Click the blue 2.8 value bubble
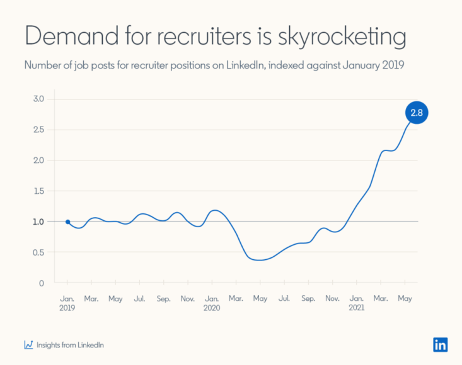pyautogui.click(x=416, y=113)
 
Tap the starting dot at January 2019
pyautogui.click(x=67, y=222)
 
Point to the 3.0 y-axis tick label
pyautogui.click(x=38, y=99)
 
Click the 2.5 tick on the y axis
pyautogui.click(x=38, y=130)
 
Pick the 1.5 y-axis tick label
pyautogui.click(x=38, y=191)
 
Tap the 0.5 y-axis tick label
pyautogui.click(x=38, y=252)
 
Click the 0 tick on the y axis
pyautogui.click(x=42, y=283)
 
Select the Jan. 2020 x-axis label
pyautogui.click(x=212, y=303)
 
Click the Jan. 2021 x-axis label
pyautogui.click(x=357, y=303)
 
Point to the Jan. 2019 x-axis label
pyautogui.click(x=67, y=303)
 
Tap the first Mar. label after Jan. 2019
pyautogui.click(x=91, y=299)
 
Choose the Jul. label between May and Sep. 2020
pyautogui.click(x=284, y=299)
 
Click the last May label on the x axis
pyautogui.click(x=405, y=299)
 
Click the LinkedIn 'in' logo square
pyautogui.click(x=441, y=344)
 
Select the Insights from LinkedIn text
pyautogui.click(x=70, y=345)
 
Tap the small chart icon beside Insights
pyautogui.click(x=28, y=345)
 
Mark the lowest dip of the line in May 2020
pyautogui.click(x=260, y=260)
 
